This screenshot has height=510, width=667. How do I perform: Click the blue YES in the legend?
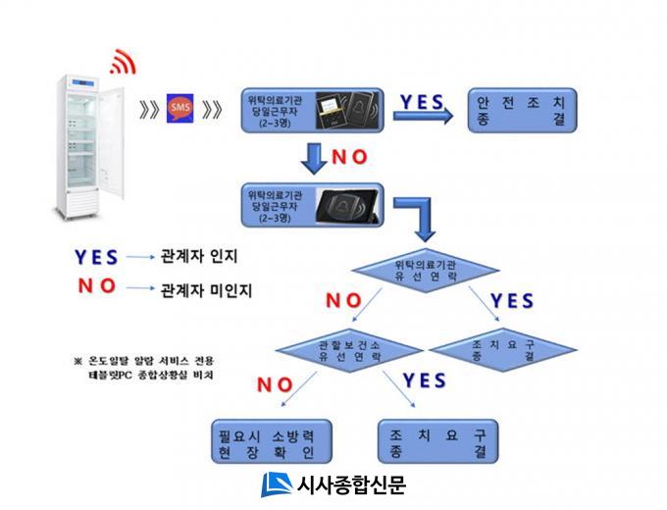pyautogui.click(x=96, y=257)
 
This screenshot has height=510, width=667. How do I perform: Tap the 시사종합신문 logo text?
pyautogui.click(x=350, y=484)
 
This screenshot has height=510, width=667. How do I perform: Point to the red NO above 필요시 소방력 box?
pyautogui.click(x=276, y=384)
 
